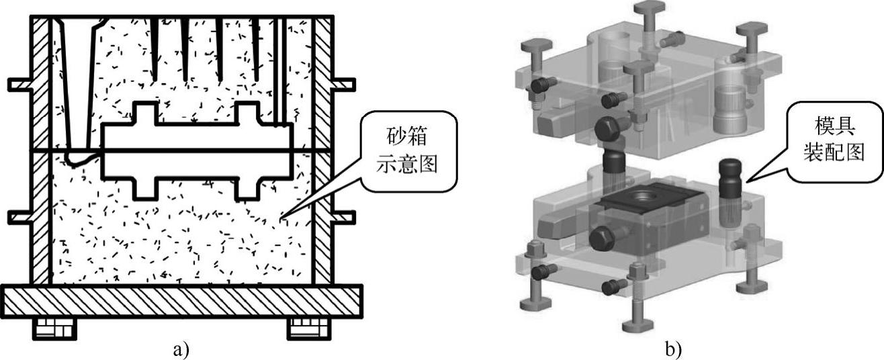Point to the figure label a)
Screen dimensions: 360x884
tap(181, 349)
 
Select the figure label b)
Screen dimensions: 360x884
tap(672, 349)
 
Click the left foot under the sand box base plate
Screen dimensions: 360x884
tap(54, 328)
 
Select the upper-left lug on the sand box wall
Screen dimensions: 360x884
tap(20, 85)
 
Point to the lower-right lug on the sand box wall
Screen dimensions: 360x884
tap(343, 218)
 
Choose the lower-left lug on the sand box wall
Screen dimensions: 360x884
tap(20, 218)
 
